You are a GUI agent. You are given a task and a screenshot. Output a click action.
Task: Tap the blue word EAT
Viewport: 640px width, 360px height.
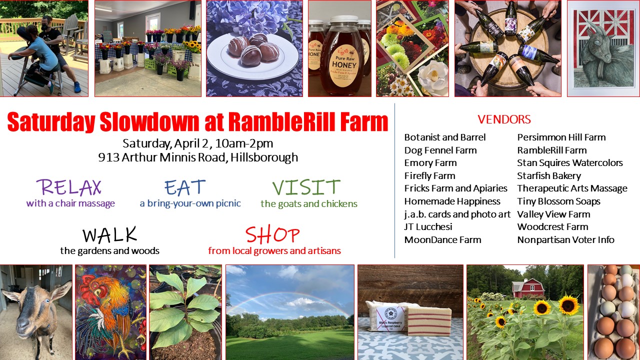185,187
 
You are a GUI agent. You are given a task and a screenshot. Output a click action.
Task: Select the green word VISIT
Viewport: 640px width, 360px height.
306,187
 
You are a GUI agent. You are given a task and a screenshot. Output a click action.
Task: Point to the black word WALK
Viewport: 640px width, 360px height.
109,235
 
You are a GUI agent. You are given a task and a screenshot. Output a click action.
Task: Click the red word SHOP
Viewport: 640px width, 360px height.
272,235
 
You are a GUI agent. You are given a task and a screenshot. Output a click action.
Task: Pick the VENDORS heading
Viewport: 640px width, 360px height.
504,119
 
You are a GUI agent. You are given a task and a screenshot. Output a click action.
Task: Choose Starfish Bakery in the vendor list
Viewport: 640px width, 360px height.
549,175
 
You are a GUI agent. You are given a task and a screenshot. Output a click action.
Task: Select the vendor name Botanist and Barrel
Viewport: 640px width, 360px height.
445,137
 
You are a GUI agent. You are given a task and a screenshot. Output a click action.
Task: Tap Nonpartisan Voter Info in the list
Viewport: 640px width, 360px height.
565,239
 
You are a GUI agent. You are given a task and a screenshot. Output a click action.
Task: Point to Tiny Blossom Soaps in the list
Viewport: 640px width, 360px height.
558,201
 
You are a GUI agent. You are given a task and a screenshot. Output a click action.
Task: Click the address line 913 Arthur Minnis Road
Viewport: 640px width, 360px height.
198,157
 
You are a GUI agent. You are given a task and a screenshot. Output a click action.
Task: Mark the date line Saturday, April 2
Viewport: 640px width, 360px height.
198,143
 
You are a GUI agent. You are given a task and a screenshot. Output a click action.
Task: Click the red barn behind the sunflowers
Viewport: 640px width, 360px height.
527,288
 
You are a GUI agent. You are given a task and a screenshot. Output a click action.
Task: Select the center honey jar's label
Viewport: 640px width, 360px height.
342,58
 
